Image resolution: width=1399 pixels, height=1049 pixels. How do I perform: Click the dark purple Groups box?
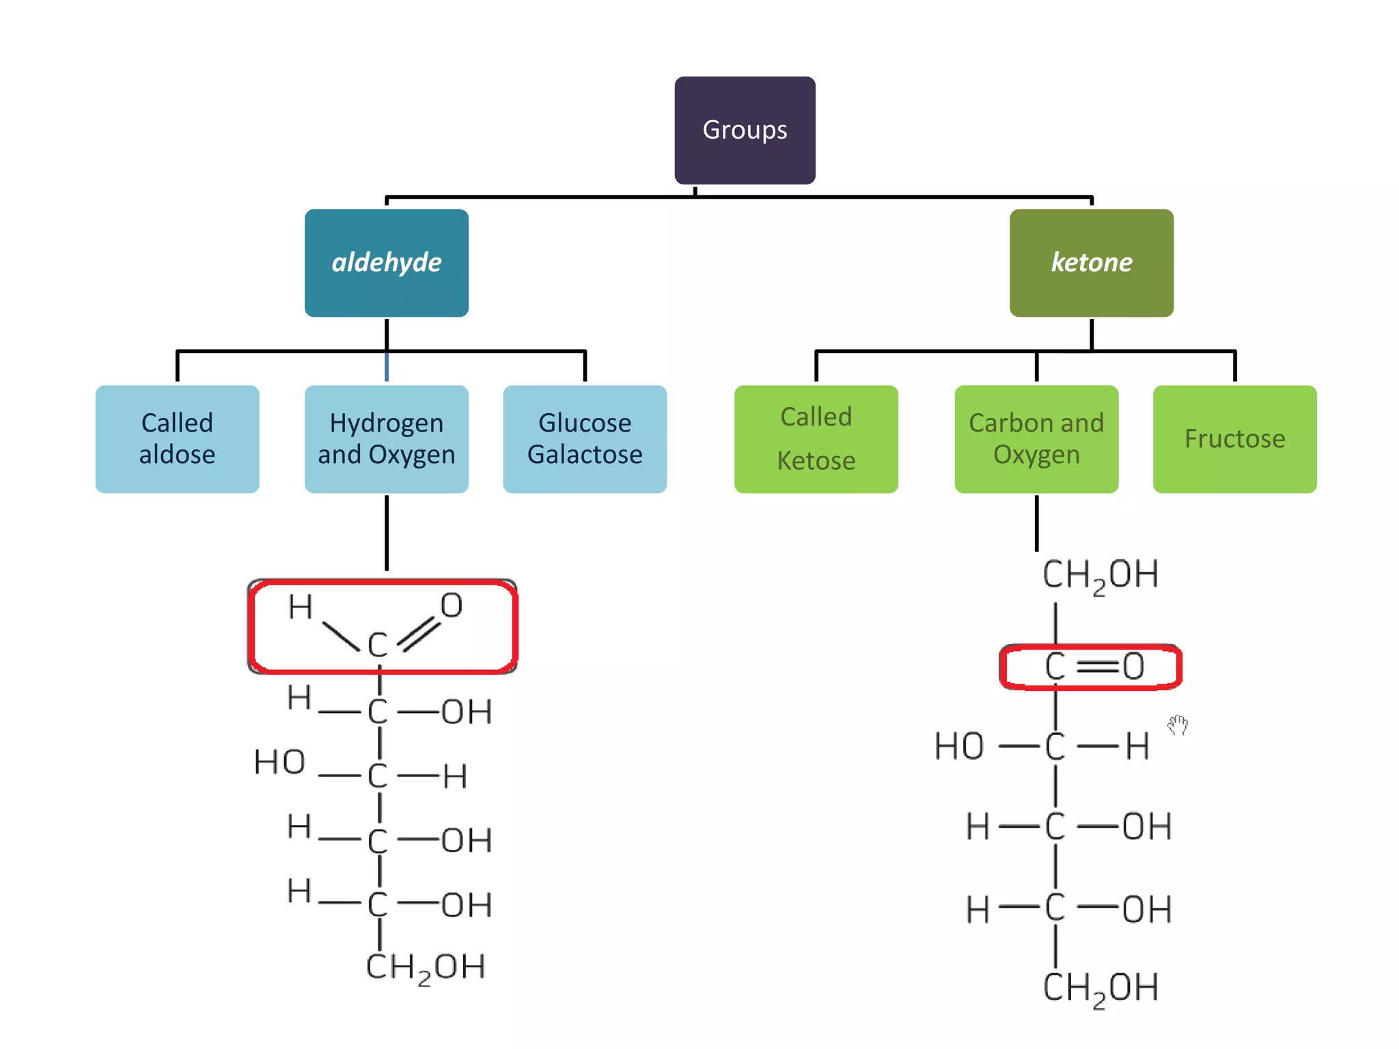point(745,130)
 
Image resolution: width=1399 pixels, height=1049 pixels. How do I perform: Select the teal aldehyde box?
point(387,262)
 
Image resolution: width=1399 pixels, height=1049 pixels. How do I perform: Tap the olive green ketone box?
point(1091,262)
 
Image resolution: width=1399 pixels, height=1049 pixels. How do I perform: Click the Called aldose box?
point(177,438)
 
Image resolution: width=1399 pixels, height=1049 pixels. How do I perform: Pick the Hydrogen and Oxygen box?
point(387,438)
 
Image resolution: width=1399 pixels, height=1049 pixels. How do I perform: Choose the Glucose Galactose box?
point(585,438)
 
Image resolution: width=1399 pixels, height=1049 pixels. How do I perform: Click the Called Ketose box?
point(816,438)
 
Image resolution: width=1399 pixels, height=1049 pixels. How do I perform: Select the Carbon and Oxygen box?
point(1036,438)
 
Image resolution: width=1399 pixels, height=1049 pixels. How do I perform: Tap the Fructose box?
point(1234,438)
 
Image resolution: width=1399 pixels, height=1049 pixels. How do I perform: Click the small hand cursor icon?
point(1178,725)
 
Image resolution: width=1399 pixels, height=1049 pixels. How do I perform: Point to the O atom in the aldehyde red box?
point(452,606)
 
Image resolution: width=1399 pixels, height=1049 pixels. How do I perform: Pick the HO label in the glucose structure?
point(279,762)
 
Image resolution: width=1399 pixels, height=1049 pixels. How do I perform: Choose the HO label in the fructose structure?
point(959,746)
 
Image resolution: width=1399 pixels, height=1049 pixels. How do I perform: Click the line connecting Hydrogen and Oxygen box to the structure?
point(387,533)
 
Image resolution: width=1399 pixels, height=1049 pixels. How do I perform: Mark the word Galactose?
point(585,455)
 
